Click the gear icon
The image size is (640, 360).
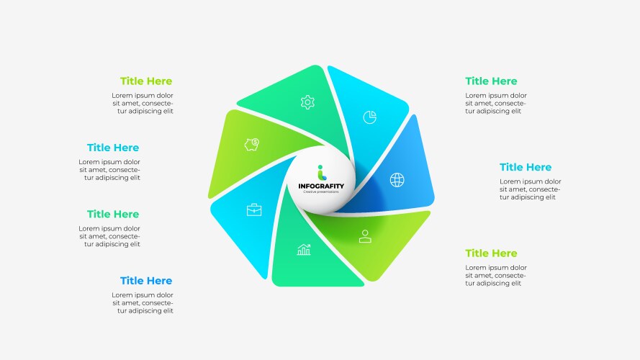pyautogui.click(x=307, y=102)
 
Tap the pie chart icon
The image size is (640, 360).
pyautogui.click(x=370, y=117)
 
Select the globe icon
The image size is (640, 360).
pyautogui.click(x=397, y=179)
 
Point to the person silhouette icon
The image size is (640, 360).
pyautogui.click(x=365, y=236)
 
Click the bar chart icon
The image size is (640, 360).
pyautogui.click(x=304, y=249)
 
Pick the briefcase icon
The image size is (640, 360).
pyautogui.click(x=254, y=210)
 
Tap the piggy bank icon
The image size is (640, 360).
pyautogui.click(x=252, y=145)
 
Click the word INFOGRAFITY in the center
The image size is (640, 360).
pyautogui.click(x=321, y=186)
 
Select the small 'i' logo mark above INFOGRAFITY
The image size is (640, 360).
pyautogui.click(x=322, y=172)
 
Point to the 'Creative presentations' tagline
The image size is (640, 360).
pyautogui.click(x=321, y=192)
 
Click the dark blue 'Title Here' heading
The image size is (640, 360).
pyautogui.click(x=146, y=281)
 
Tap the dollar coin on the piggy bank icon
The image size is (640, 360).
pyautogui.click(x=256, y=142)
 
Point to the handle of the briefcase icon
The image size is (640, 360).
pyautogui.click(x=254, y=205)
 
